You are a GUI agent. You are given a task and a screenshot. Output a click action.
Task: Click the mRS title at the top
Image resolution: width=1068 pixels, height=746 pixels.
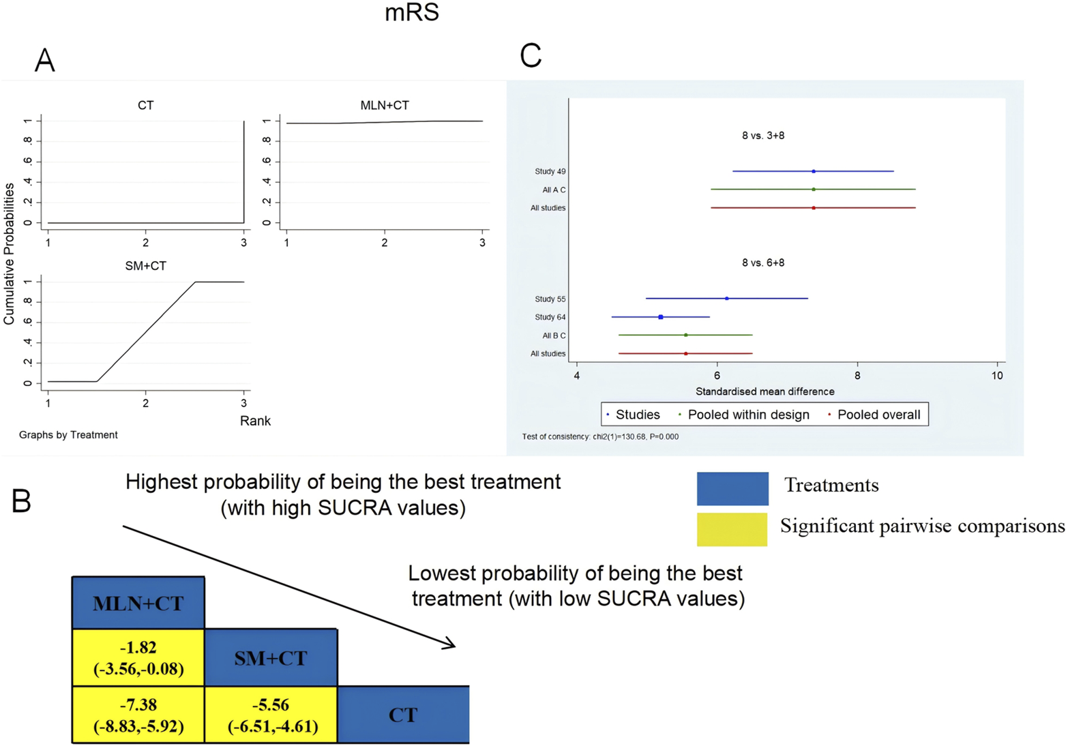pos(411,12)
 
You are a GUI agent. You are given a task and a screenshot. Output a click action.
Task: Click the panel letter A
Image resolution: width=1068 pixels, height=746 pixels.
pos(45,61)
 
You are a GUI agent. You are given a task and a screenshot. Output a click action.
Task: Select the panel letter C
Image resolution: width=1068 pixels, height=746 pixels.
pos(531,55)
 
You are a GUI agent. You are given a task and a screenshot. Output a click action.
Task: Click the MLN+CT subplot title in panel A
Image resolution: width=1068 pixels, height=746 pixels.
pos(385,105)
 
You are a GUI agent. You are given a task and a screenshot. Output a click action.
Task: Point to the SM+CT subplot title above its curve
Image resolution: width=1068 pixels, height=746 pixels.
pos(145,266)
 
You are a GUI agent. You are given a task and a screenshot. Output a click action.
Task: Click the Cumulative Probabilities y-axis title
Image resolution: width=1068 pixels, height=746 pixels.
pos(9,254)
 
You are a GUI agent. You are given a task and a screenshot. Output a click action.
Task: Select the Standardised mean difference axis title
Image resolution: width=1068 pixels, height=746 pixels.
pos(765,391)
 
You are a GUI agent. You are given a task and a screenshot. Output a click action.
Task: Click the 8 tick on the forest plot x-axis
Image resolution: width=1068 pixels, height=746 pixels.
pos(857,376)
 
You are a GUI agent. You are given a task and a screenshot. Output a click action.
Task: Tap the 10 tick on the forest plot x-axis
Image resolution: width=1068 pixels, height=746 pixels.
pos(997,376)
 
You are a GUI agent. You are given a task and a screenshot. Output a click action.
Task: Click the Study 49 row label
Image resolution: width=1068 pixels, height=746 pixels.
pos(550,172)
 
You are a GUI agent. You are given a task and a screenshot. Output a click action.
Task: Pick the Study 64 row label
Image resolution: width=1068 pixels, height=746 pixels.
pos(550,317)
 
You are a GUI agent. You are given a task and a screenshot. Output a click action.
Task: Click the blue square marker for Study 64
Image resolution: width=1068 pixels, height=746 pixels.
pos(660,317)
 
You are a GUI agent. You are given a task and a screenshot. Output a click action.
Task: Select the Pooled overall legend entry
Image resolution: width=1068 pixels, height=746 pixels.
pos(878,415)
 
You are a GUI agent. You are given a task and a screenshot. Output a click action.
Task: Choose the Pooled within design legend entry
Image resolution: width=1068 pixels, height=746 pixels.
pos(747,415)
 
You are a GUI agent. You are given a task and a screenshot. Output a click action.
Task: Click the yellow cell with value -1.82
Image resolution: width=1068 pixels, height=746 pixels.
pos(138,658)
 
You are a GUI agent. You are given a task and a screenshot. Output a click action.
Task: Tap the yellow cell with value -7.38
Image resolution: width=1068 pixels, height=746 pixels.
pos(138,715)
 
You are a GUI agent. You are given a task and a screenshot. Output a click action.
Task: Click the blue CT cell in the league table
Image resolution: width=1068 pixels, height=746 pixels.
pos(403,715)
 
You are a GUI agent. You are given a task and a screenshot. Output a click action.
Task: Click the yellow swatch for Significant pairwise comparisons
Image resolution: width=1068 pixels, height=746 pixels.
pos(732,529)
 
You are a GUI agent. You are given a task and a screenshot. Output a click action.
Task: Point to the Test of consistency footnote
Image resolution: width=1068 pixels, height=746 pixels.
pos(600,436)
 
